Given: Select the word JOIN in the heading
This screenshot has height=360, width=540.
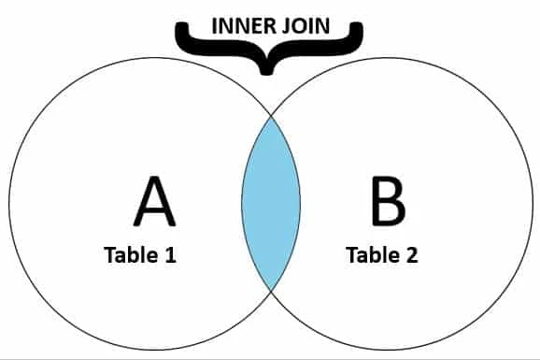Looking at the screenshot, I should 304,24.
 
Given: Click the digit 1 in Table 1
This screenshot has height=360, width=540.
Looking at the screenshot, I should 170,254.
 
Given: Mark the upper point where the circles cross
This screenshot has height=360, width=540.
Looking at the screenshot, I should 271,115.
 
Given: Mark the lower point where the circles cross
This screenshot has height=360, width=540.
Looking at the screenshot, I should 271,291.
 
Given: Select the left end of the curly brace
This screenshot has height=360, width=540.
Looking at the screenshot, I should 178,29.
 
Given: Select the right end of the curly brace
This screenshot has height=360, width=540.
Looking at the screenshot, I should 361,29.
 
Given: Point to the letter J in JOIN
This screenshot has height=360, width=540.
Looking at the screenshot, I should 281,24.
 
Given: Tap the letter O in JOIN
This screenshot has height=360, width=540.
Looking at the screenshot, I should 294,24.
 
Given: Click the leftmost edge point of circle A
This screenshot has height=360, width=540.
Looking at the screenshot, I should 8,203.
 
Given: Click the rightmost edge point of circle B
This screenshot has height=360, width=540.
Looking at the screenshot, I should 533,203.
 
